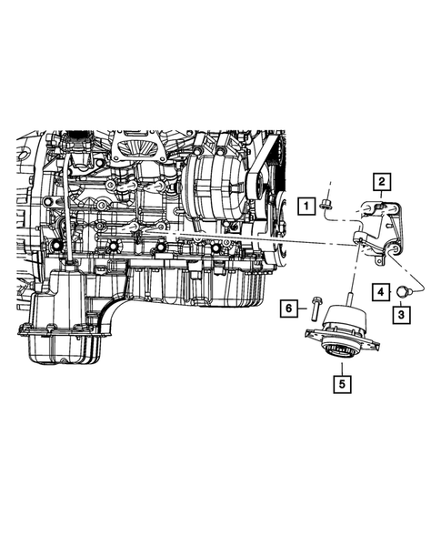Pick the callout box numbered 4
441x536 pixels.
381,292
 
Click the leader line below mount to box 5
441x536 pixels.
341,366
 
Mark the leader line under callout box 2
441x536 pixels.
383,196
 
